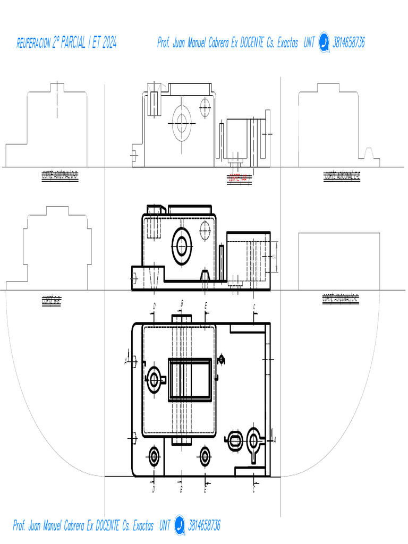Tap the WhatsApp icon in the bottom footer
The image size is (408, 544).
pos(179,525)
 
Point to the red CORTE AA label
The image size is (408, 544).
pos(239,177)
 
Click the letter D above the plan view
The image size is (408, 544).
pos(154,306)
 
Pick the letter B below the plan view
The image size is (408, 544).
pos(181,489)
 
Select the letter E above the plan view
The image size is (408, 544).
pos(206,306)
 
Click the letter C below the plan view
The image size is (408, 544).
pos(254,489)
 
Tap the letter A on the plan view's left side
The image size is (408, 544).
pos(126,361)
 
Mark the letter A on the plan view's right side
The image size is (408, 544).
pos(274,440)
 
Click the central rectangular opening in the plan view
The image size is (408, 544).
pos(190,378)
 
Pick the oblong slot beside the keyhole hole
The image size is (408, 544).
pos(234,440)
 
